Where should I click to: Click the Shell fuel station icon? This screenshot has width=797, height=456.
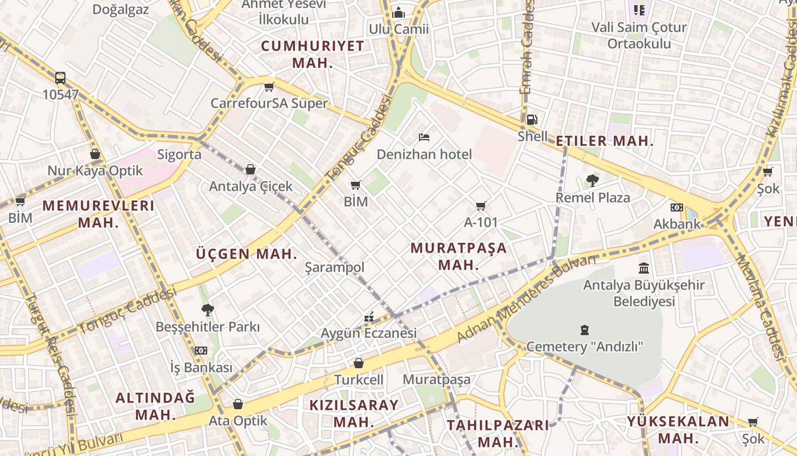pos(531,120)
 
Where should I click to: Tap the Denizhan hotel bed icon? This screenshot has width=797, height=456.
pos(424,137)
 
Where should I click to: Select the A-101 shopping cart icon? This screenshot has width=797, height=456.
pos(481,206)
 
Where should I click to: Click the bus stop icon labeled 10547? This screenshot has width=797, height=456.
pos(60,78)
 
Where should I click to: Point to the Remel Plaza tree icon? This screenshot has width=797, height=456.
pos(593,181)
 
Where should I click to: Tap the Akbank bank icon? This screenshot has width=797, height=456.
pos(677,207)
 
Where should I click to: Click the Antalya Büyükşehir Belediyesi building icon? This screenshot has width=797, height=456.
pos(644,268)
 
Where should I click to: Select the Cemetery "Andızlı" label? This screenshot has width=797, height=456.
pos(585,347)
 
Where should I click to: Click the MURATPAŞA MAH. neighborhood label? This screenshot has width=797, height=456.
pos(458,256)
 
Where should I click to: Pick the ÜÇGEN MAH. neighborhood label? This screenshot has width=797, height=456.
pos(247,254)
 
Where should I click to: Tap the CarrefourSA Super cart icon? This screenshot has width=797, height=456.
pos(269,87)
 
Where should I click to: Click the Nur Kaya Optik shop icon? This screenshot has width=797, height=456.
pos(95,154)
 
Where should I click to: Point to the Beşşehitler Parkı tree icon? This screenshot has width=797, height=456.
pos(208,310)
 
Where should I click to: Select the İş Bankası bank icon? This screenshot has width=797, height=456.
pos(201,351)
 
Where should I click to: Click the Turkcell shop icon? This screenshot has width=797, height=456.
pos(359,363)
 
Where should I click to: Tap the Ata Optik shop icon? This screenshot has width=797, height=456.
pos(238,404)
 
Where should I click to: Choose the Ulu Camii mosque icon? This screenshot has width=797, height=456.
pos(399,12)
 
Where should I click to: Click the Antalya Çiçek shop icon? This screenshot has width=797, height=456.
pos(250,169)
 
